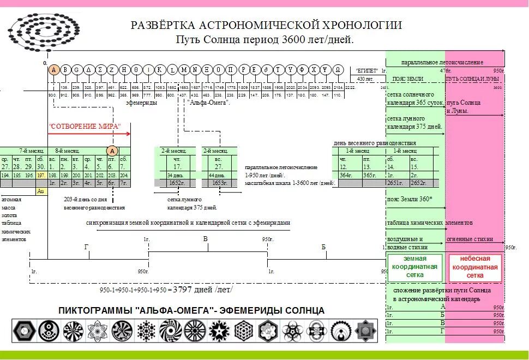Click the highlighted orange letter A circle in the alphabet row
click(53, 69)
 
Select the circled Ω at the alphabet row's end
click(338, 69)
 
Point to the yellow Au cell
click(40, 191)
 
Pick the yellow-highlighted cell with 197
click(40, 175)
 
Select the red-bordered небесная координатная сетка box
click(474, 267)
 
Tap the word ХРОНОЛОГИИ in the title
click(361, 26)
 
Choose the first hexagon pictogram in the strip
click(22, 330)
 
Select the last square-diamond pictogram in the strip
click(364, 330)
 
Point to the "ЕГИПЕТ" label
click(366, 71)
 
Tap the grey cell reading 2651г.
click(395, 183)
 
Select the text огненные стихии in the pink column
click(470, 239)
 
